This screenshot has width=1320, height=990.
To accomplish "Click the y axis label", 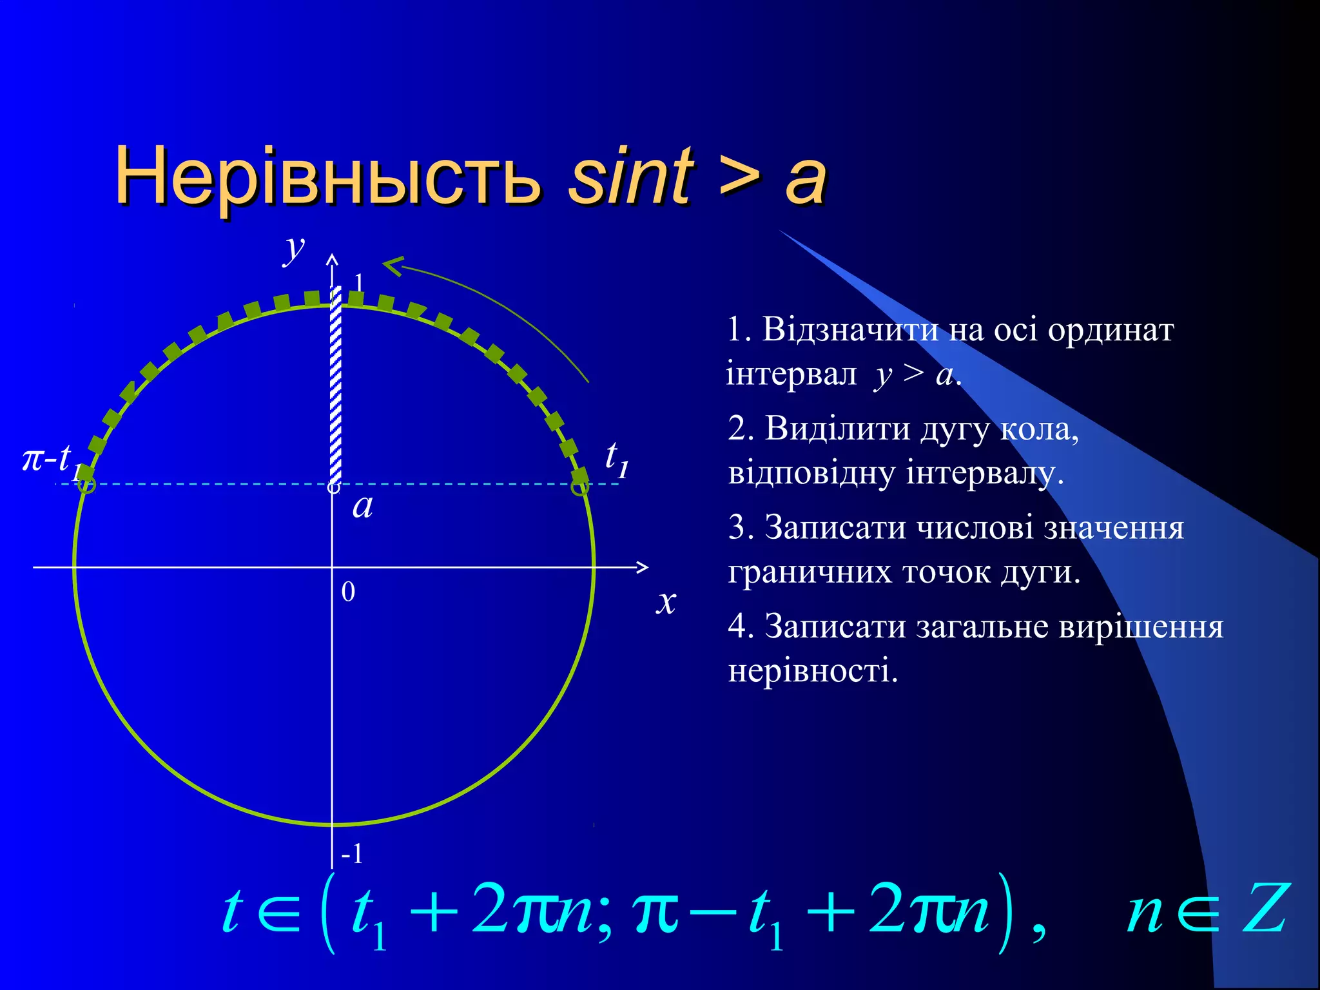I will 295,248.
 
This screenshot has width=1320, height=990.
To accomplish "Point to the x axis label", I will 666,601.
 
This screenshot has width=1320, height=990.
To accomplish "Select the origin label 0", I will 348,592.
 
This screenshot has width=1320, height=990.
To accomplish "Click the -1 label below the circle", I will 352,855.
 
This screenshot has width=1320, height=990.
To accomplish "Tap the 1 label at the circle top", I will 359,282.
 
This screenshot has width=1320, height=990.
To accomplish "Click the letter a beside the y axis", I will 363,506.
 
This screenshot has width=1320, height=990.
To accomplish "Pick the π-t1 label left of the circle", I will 52,460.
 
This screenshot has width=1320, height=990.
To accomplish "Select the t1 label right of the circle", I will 616,458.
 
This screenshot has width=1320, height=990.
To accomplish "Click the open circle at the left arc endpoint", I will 86,485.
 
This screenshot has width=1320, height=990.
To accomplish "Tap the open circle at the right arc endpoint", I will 580,486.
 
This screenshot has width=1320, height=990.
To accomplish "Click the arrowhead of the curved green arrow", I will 392,265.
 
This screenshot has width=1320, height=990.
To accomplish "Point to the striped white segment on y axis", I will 335,387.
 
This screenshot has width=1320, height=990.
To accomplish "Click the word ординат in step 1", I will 1111,330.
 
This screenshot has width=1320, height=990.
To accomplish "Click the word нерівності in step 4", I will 813,671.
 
